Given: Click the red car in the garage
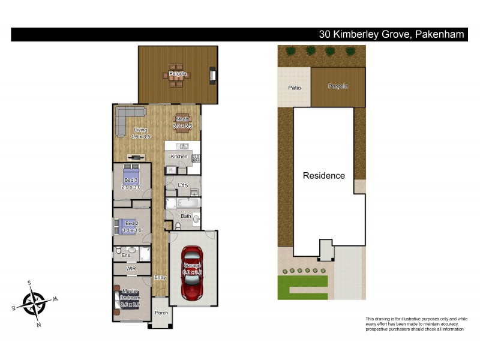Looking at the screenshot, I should [193, 273].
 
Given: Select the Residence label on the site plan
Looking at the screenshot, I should [323, 176].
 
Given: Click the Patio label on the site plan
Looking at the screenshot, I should [294, 88].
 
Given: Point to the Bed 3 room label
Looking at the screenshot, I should [131, 180].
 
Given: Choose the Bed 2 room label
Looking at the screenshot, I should [131, 223].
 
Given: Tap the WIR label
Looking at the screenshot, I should [131, 269].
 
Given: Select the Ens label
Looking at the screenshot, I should [126, 256].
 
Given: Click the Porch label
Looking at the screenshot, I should [161, 313].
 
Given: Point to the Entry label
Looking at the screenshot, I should [160, 277].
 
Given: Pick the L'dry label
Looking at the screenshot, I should [184, 185].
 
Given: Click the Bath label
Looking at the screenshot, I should [185, 216].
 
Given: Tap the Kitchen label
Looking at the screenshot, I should [179, 157].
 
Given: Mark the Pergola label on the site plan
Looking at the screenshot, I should [337, 87].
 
